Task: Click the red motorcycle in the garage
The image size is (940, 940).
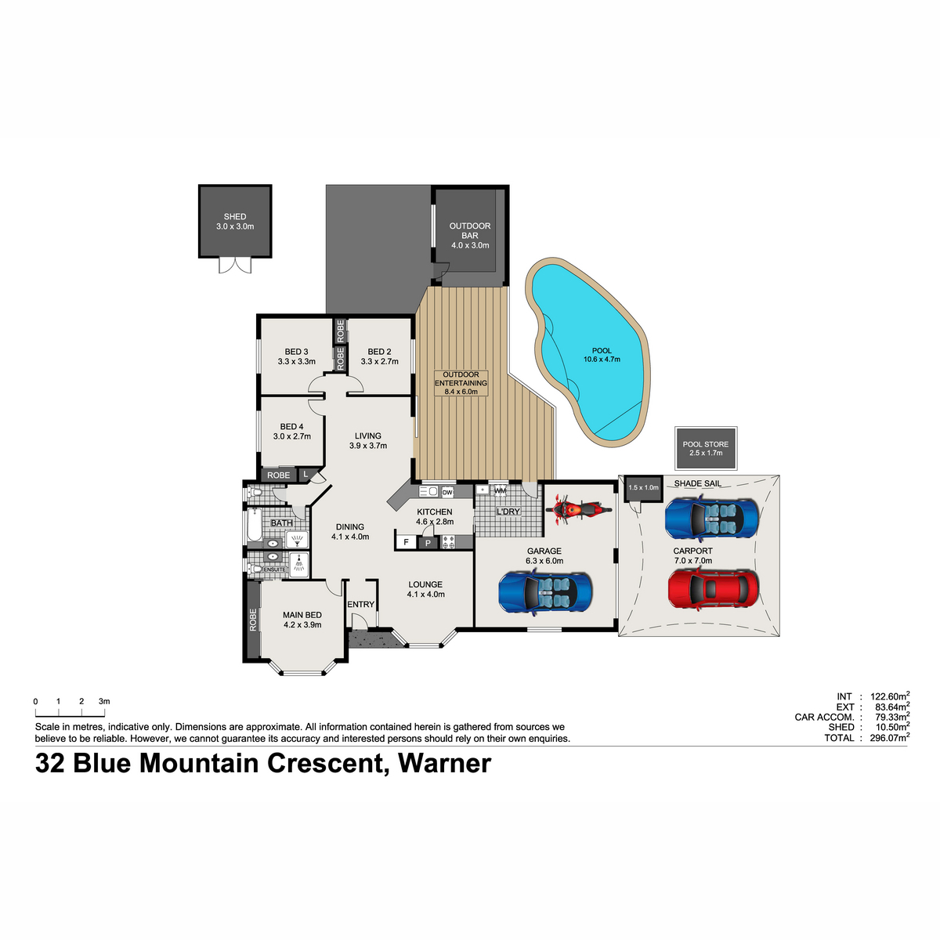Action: point(578,509)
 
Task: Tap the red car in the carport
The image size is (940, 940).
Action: point(713,589)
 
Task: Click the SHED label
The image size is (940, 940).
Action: point(235,216)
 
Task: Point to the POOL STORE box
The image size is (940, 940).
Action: point(705,448)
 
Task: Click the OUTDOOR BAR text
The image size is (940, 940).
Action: point(470,231)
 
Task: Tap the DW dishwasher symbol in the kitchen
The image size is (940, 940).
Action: point(447,493)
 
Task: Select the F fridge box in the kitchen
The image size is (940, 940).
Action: point(406,542)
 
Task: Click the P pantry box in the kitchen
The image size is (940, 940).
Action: point(428,543)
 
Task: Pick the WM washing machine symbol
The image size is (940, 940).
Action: point(500,490)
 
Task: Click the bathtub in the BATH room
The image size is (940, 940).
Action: point(254,525)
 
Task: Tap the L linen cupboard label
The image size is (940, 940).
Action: point(305,474)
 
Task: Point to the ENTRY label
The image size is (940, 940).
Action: point(360,605)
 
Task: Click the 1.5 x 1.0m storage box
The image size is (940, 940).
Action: point(643,488)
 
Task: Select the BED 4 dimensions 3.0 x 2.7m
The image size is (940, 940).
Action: point(291,436)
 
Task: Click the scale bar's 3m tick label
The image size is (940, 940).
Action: point(104,701)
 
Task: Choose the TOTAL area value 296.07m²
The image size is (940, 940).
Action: point(890,738)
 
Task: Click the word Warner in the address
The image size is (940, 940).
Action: point(444,764)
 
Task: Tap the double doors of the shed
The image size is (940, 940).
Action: point(235,265)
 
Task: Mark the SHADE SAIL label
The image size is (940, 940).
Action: point(698,483)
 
